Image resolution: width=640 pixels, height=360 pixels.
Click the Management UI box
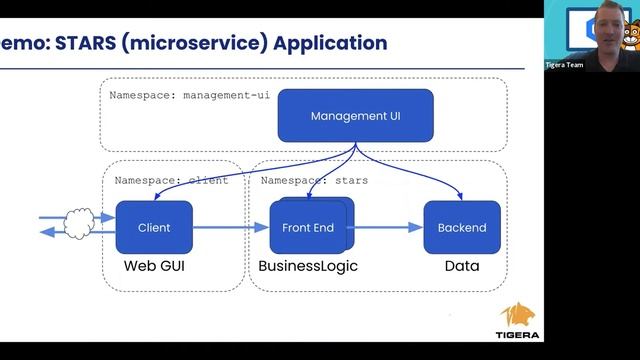[x=355, y=115]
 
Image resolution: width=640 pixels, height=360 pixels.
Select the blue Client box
[x=154, y=227]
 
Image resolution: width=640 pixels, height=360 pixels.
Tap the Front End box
[x=307, y=227]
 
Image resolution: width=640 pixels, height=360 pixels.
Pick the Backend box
[x=462, y=227]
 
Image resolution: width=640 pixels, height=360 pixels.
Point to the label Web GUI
[x=155, y=266]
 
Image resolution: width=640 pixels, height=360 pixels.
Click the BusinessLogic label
[x=307, y=266]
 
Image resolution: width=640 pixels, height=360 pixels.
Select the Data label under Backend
[x=461, y=266]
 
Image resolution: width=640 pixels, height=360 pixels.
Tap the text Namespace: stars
[x=314, y=181]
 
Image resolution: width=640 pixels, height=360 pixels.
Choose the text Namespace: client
[x=171, y=181]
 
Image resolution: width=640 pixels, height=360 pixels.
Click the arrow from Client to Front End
[x=230, y=227]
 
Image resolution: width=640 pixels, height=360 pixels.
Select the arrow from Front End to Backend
[x=384, y=227]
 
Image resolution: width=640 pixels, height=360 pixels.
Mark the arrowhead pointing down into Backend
[x=460, y=195]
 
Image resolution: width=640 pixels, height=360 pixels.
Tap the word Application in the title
[x=330, y=43]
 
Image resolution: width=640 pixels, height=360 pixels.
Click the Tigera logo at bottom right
[x=520, y=322]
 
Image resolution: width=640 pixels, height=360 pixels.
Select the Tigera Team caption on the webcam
[x=592, y=65]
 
